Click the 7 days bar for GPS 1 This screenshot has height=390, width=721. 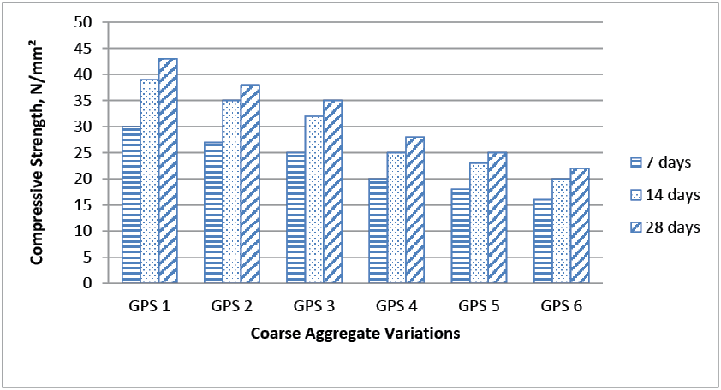pyautogui.click(x=131, y=204)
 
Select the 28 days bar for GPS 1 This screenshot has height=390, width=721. pyautogui.click(x=168, y=170)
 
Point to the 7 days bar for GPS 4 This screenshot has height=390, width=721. pyautogui.click(x=378, y=231)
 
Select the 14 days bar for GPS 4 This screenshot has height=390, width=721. pyautogui.click(x=396, y=217)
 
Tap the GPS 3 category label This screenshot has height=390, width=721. pyautogui.click(x=314, y=306)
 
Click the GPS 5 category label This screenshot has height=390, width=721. pyautogui.click(x=480, y=306)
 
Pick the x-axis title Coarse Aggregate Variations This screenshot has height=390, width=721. pyautogui.click(x=355, y=334)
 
